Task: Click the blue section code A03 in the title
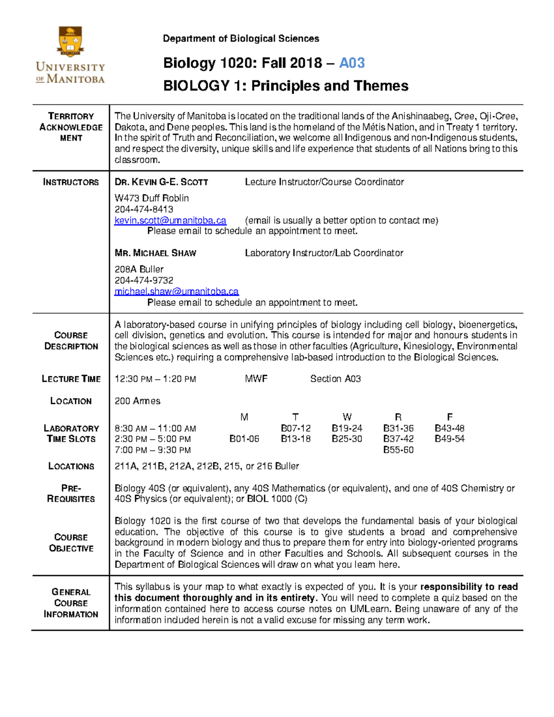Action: coord(352,63)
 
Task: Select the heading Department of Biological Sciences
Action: coord(241,39)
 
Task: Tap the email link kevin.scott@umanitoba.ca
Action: coord(170,221)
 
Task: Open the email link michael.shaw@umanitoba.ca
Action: coord(176,292)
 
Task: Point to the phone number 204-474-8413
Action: coord(144,210)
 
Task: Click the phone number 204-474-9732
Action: coord(144,281)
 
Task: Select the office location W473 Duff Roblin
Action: coord(151,199)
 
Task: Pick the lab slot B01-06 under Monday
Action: coord(244,439)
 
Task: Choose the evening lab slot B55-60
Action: coord(398,450)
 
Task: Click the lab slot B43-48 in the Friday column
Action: coord(449,428)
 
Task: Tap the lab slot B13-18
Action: coord(295,439)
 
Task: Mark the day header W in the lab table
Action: coord(347,417)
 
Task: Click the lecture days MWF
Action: coord(256,379)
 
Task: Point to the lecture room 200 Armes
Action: coord(137,401)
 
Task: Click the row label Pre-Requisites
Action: coord(71,494)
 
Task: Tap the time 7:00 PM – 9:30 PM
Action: coord(152,450)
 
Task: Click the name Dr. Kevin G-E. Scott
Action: coord(161,182)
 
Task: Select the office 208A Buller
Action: coord(139,270)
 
